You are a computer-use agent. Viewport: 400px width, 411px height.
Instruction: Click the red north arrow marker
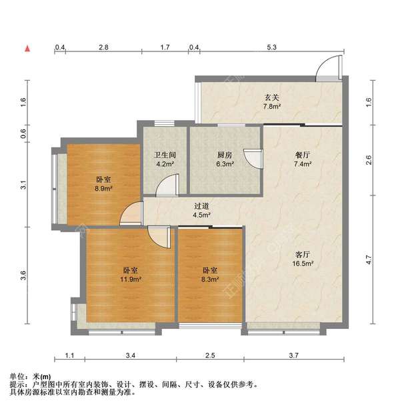[x=27, y=49]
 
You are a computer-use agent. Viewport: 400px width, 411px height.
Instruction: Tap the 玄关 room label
[x=271, y=97]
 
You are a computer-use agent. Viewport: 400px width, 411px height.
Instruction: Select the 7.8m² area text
[x=272, y=107]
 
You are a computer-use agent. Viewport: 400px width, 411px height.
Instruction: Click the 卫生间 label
[x=165, y=155]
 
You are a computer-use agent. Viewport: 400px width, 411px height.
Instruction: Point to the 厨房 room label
[x=225, y=155]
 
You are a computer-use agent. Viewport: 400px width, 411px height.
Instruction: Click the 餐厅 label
[x=302, y=155]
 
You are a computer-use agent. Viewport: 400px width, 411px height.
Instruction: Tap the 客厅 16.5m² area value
[x=303, y=264]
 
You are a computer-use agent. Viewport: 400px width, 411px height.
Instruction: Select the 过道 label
[x=202, y=206]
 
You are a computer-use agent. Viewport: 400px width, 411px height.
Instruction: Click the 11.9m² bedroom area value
[x=131, y=279]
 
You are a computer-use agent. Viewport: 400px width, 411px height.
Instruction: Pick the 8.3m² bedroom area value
[x=210, y=279]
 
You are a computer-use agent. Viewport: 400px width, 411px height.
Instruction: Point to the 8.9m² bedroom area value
[x=103, y=188]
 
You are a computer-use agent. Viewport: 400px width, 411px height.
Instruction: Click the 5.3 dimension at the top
[x=271, y=47]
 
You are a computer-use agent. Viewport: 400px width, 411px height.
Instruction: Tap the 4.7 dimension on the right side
[x=369, y=260]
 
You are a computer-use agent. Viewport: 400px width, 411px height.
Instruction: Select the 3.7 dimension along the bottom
[x=293, y=356]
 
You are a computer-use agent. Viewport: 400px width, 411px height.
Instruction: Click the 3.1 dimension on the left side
[x=23, y=185]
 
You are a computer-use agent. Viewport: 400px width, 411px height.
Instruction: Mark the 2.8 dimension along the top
[x=103, y=47]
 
